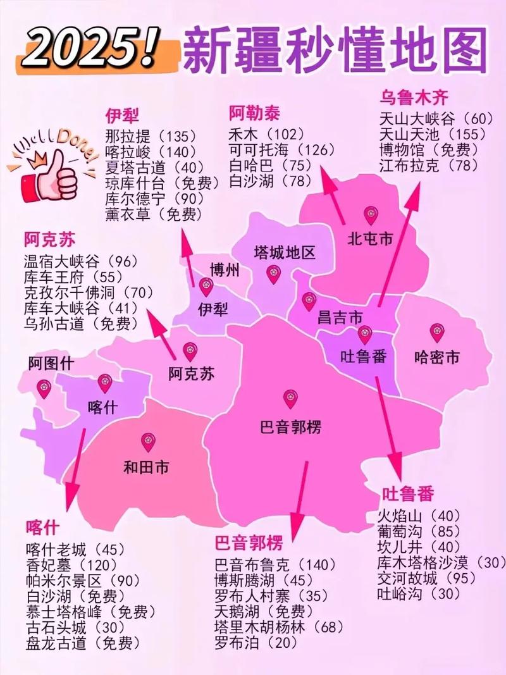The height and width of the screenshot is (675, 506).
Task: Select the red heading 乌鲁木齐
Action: point(414,97)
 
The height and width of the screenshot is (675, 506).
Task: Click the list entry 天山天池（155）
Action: point(433,134)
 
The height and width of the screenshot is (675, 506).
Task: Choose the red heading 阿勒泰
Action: point(254,114)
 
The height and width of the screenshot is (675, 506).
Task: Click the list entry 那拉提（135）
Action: point(151,135)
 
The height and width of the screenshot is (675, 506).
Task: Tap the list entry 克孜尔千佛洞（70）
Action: point(89,292)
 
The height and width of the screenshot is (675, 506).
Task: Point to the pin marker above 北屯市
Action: point(369,216)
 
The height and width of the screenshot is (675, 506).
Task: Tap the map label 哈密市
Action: point(436,357)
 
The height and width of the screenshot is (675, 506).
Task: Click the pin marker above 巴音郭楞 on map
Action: point(290,398)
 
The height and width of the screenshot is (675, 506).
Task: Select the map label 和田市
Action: point(146,469)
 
